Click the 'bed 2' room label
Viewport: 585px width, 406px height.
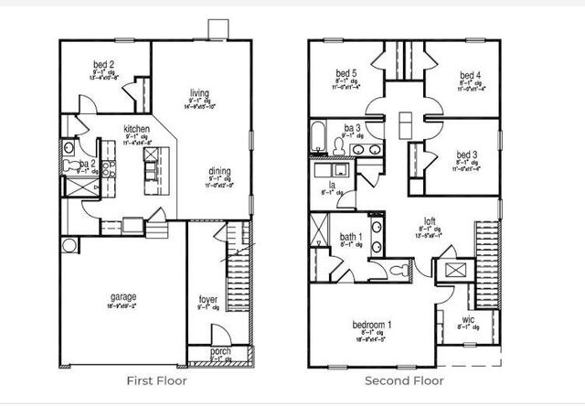(104, 64)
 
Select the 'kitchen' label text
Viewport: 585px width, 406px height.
(137, 130)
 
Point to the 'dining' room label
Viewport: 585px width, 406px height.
(218, 171)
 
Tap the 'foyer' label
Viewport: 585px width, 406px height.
(208, 299)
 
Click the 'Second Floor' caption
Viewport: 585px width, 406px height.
(404, 380)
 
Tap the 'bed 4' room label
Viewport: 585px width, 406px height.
(470, 75)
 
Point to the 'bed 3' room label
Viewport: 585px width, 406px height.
(467, 155)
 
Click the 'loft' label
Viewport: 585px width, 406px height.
(428, 220)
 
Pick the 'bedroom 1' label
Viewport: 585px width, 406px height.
(373, 325)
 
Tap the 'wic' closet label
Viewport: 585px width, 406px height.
(467, 319)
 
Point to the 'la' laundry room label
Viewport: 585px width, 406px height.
(331, 186)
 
